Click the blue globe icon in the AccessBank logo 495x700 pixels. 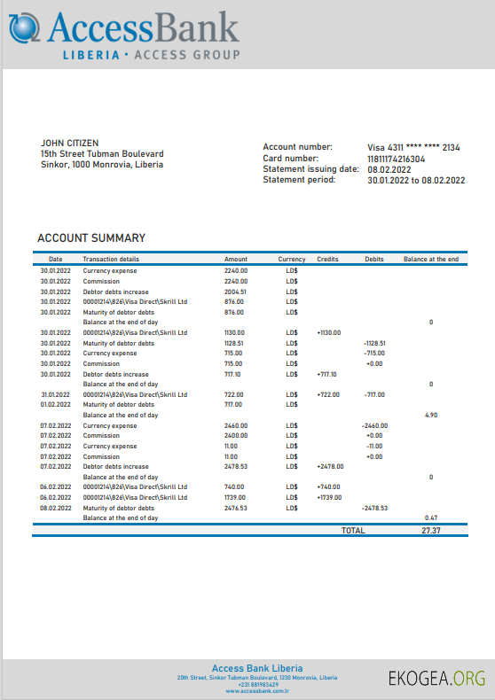pyautogui.click(x=24, y=27)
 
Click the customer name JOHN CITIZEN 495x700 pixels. pyautogui.click(x=70, y=143)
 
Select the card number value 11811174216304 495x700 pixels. pyautogui.click(x=396, y=159)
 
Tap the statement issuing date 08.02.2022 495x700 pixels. pyautogui.click(x=389, y=169)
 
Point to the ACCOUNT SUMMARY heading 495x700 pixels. pyautogui.click(x=91, y=238)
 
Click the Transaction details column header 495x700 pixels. pyautogui.click(x=111, y=259)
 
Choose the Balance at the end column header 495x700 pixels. pyautogui.click(x=431, y=259)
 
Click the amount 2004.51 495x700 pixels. pyautogui.click(x=235, y=292)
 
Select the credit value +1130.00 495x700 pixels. pyautogui.click(x=328, y=333)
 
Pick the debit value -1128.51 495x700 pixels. pyautogui.click(x=374, y=343)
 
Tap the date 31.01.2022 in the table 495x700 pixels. pyautogui.click(x=55, y=394)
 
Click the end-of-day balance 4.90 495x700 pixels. pyautogui.click(x=431, y=415)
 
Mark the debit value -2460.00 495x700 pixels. pyautogui.click(x=375, y=425)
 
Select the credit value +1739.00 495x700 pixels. pyautogui.click(x=330, y=497)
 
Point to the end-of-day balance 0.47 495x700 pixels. pyautogui.click(x=431, y=517)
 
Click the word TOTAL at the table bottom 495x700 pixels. pyautogui.click(x=353, y=530)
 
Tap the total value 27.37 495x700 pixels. pyautogui.click(x=431, y=530)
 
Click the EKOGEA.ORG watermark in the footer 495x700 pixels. pyautogui.click(x=436, y=679)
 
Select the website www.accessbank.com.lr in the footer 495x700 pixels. pyautogui.click(x=257, y=691)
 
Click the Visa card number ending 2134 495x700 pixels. pyautogui.click(x=413, y=147)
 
